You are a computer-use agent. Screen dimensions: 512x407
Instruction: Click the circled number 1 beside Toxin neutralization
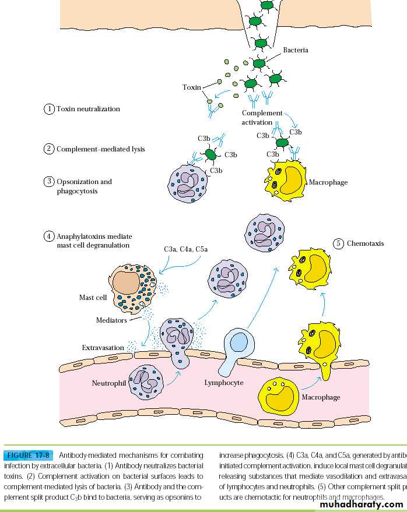(x=50, y=109)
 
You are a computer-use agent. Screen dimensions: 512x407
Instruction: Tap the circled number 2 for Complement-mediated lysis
(x=50, y=149)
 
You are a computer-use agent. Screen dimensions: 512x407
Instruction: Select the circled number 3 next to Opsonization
(x=50, y=182)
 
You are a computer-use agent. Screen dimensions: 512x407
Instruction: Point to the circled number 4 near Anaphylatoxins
(x=50, y=236)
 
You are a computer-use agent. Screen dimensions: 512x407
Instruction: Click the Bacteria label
(x=296, y=50)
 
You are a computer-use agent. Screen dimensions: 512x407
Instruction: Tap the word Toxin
(x=191, y=87)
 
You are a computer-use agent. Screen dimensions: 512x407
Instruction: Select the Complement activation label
(x=261, y=118)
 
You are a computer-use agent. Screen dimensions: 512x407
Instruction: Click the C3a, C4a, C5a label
(x=185, y=249)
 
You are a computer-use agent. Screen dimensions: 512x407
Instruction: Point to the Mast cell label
(x=93, y=298)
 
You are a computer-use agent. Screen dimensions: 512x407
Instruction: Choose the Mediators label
(x=111, y=320)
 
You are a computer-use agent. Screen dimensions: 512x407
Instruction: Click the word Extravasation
(x=103, y=348)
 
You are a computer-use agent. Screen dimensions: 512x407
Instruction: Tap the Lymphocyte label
(x=223, y=383)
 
